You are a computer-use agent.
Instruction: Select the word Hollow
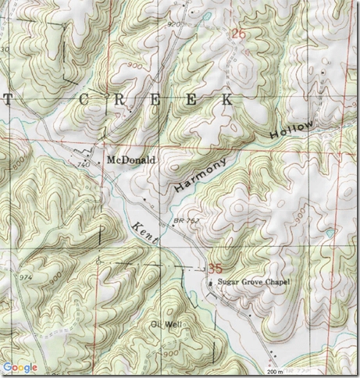[x=294, y=130]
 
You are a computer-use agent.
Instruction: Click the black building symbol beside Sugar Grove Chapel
[x=211, y=283]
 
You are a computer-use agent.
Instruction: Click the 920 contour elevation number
[x=173, y=24]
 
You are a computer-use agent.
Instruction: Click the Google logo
[x=20, y=367]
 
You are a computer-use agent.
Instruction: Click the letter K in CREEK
[x=226, y=101]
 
